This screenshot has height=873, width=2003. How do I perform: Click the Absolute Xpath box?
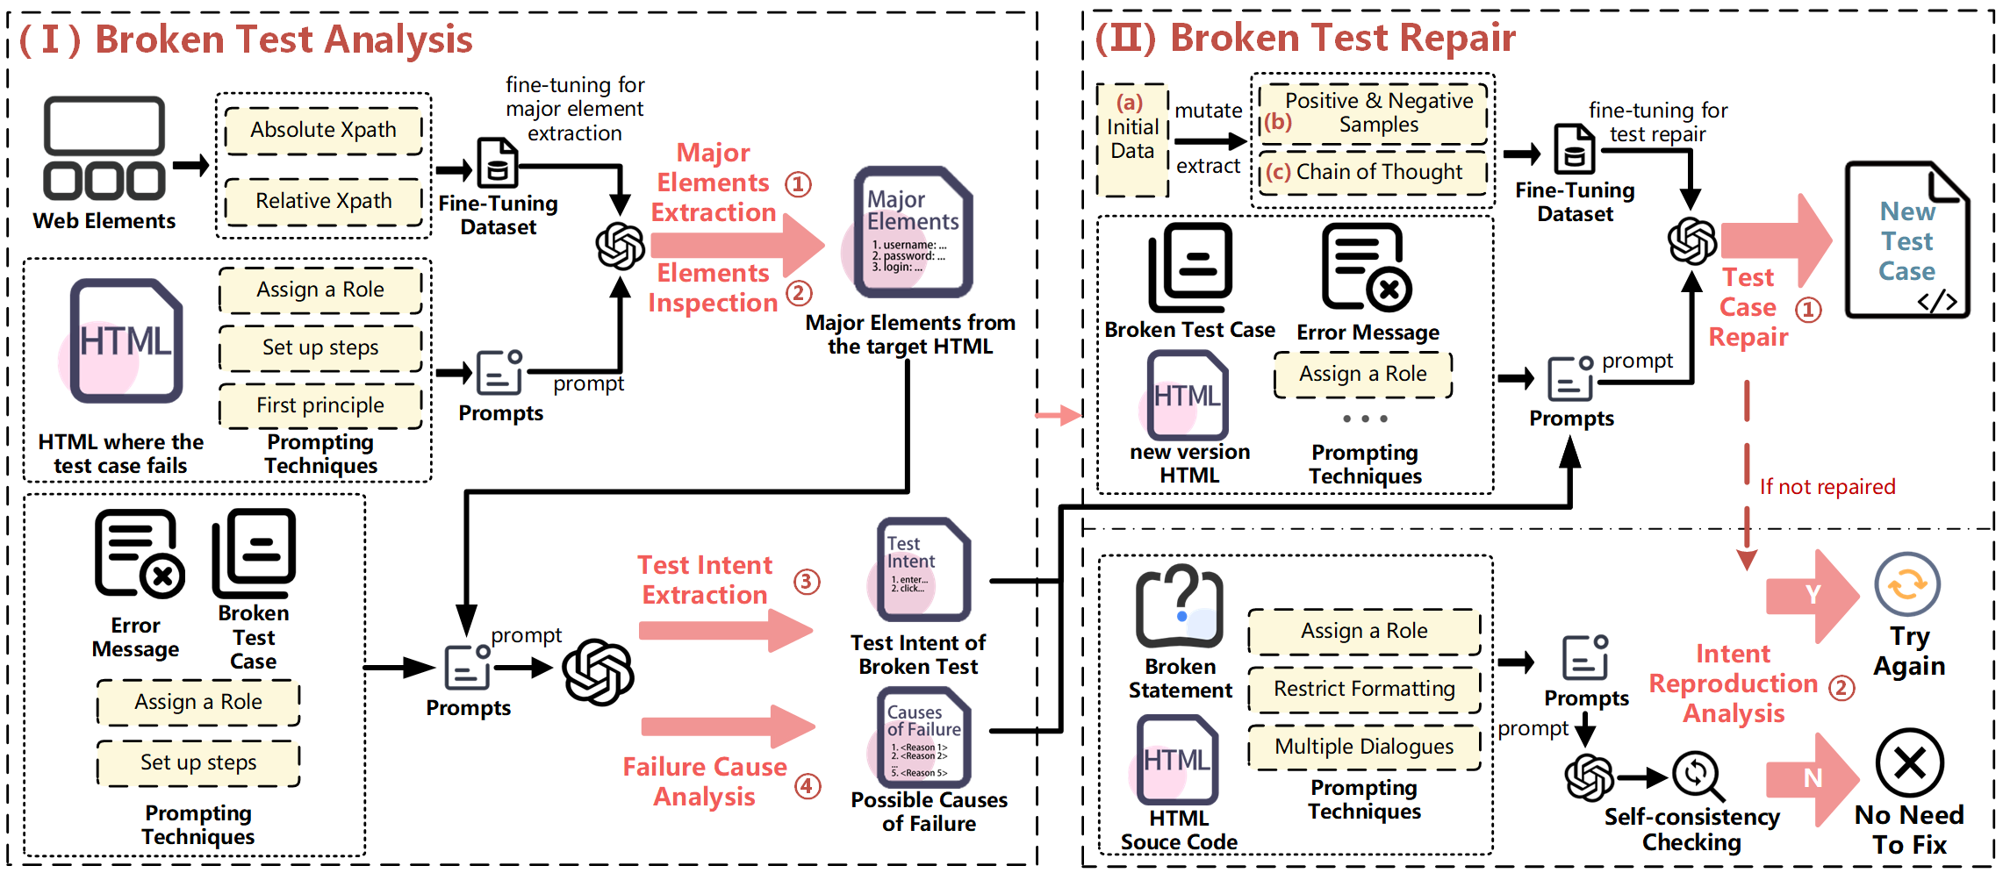323,130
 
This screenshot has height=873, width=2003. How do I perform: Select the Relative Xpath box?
323,201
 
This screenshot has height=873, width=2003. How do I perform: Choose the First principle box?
320,405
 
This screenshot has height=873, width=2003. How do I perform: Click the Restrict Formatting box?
1364,690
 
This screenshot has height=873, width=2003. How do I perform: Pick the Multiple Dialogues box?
1364,747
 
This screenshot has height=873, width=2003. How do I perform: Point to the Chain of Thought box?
1373,172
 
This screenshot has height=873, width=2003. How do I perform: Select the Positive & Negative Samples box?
1373,113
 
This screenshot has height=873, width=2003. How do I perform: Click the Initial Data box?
1132,140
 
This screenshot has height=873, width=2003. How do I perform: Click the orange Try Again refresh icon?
1907,584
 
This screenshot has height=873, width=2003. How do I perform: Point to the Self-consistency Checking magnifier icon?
1698,775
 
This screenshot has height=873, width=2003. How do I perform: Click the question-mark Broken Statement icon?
1180,605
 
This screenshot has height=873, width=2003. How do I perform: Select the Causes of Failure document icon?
923,737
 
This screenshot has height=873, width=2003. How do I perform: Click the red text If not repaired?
1827,487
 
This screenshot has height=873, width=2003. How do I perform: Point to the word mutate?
1208,111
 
